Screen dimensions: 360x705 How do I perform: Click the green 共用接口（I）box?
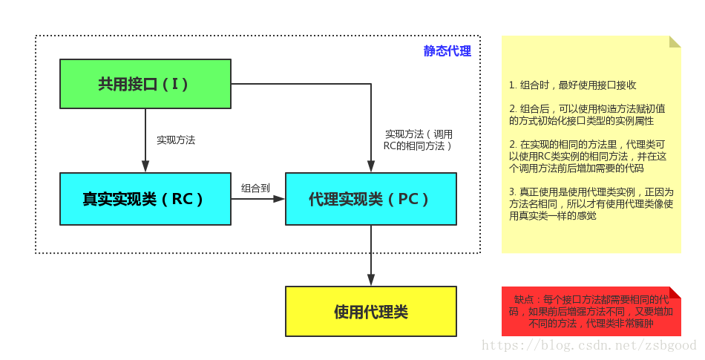(x=145, y=84)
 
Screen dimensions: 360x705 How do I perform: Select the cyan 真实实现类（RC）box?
(x=145, y=199)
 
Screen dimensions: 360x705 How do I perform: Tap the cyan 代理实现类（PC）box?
(x=370, y=199)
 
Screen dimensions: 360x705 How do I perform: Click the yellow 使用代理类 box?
(x=370, y=312)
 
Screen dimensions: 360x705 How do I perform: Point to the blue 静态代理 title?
(x=447, y=51)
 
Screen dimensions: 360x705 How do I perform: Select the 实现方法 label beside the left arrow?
(x=176, y=140)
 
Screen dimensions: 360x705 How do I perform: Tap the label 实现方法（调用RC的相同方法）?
(x=418, y=140)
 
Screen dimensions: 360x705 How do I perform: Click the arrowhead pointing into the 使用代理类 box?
(x=370, y=280)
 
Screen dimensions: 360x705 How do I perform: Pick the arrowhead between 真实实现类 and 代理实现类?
(x=280, y=199)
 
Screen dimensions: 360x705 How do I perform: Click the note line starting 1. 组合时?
(x=573, y=85)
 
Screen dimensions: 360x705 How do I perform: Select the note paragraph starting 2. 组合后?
(x=586, y=114)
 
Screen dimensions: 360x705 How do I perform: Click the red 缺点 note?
(x=591, y=312)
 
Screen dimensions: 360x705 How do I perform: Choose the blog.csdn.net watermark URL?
(x=589, y=345)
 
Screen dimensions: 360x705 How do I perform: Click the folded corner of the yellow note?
(x=675, y=42)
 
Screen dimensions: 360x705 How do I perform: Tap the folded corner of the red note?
(x=675, y=292)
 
